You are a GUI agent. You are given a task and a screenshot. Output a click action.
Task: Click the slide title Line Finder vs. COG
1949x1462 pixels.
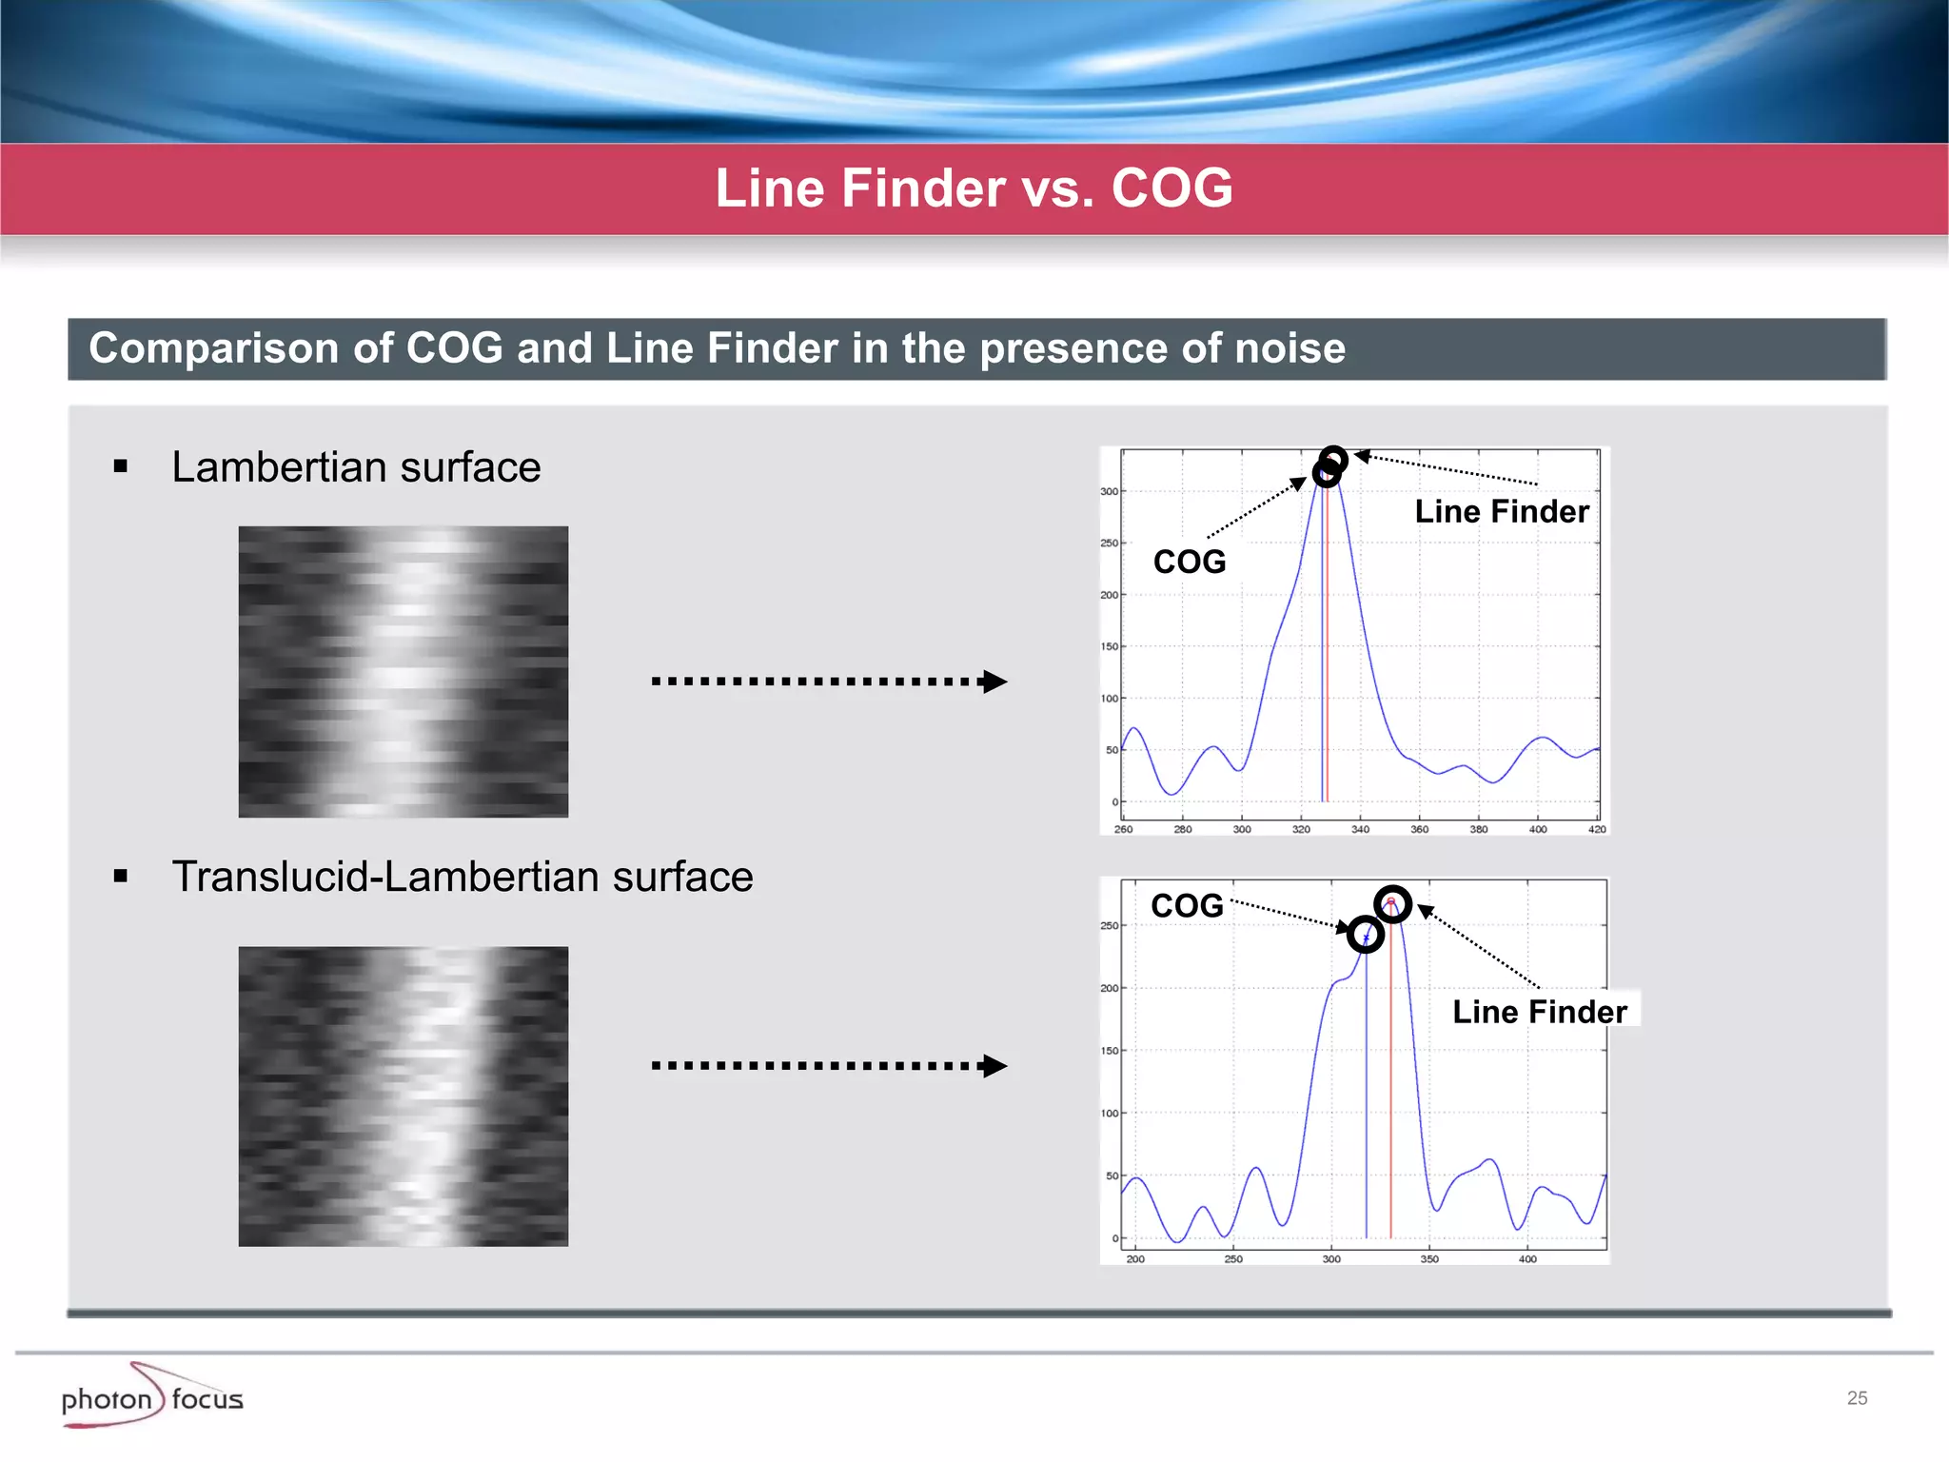click(974, 188)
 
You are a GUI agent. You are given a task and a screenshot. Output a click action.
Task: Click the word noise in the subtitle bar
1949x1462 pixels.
click(1289, 348)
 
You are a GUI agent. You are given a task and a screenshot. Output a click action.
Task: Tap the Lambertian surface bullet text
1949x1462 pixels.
click(356, 467)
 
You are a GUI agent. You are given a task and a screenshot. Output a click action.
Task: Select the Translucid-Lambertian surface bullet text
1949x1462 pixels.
click(462, 877)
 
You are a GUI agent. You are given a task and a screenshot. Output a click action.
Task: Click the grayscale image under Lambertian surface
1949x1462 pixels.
click(404, 672)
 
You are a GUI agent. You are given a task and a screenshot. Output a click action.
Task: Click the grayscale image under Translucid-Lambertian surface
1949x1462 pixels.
click(404, 1096)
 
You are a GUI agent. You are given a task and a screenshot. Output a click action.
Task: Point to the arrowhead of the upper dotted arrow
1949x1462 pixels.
click(994, 682)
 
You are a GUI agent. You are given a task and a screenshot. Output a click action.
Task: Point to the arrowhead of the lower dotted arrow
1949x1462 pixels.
click(994, 1065)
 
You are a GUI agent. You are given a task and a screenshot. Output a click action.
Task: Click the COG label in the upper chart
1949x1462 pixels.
click(1190, 562)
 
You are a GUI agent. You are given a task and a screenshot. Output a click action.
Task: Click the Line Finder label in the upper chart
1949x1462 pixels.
click(1501, 511)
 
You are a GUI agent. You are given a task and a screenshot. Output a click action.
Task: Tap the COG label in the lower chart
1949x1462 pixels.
click(1187, 905)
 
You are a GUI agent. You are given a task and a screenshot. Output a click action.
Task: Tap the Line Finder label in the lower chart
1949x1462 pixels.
click(1539, 1012)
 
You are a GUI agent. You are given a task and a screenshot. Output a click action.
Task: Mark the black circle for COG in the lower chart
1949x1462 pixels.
click(1366, 935)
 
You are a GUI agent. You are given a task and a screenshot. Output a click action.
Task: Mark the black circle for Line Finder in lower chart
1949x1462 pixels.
click(1392, 903)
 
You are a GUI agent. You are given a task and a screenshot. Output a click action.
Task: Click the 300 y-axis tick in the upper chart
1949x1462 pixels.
click(1109, 492)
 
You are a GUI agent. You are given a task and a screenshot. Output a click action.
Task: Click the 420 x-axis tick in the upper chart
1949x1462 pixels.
click(1597, 829)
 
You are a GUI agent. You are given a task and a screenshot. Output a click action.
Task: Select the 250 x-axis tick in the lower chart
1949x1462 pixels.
click(1233, 1259)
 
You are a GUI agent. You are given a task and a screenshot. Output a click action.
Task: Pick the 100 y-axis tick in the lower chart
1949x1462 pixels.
click(1110, 1114)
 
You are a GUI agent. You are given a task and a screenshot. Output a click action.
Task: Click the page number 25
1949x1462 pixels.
click(1857, 1398)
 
